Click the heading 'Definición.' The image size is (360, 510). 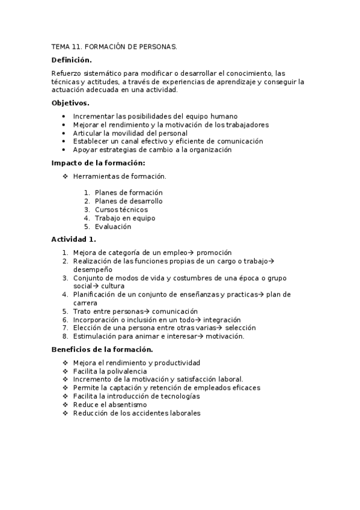72,60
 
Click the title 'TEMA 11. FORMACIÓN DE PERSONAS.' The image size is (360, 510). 114,46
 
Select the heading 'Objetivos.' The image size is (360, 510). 70,103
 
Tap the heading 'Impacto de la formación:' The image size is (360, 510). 99,163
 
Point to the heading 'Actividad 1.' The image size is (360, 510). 74,239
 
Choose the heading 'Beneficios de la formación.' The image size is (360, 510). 102,349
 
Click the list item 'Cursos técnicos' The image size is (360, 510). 121,210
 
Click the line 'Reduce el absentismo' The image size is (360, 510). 109,405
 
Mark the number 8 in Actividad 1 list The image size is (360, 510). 65,337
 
